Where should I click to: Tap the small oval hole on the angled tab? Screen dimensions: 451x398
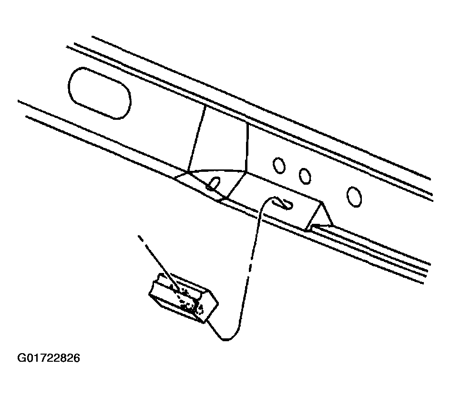[214, 183]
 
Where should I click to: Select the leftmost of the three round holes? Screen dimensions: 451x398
[279, 165]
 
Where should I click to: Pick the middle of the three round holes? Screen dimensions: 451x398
[305, 176]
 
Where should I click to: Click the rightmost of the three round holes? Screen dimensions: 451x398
[354, 197]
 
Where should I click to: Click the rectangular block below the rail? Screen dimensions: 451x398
[183, 298]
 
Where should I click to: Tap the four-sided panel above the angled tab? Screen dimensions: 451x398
[219, 141]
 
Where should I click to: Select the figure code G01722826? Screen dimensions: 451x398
[49, 358]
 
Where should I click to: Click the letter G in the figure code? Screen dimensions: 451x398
[21, 358]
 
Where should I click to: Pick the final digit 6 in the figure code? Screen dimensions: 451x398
[76, 358]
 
